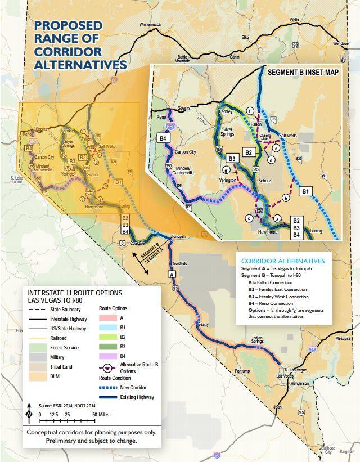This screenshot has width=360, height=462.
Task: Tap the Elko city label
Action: click(245, 37)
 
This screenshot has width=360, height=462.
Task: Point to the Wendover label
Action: click(340, 43)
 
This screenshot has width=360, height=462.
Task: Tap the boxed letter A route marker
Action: click(172, 274)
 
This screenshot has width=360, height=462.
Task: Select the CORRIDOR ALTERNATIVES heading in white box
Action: click(282, 261)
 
